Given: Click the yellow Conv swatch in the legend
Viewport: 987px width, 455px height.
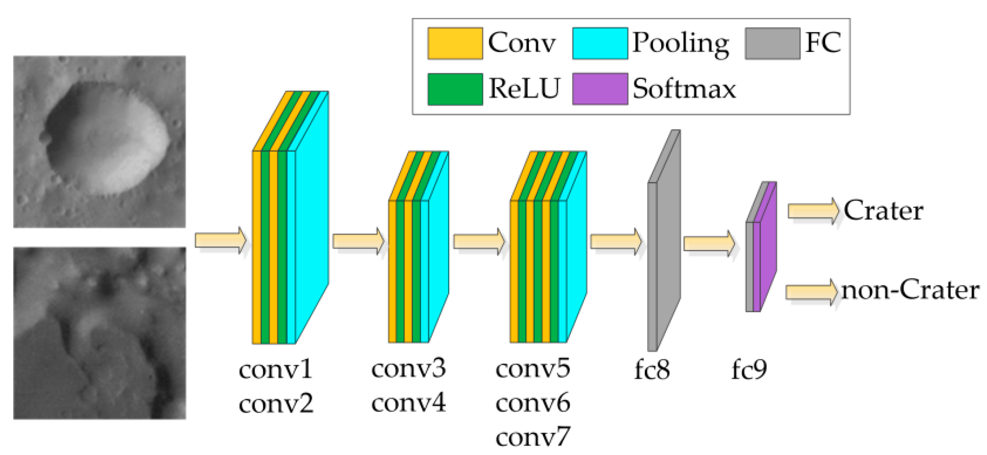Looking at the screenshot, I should coord(455,43).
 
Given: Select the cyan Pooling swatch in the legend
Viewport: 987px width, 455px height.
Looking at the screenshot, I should coord(600,43).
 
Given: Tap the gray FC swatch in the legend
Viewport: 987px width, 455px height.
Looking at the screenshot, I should coord(772,43).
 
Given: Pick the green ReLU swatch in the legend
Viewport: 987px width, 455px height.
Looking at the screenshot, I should coord(455,89).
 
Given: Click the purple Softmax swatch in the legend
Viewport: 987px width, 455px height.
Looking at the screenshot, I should coord(600,89).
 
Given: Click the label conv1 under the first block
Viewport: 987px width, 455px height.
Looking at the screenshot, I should coord(275,370).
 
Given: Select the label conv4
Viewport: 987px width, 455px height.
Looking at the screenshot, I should coord(408,403).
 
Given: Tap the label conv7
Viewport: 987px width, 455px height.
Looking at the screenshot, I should coord(533,437).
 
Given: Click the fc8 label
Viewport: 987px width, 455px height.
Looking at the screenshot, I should coord(652,370).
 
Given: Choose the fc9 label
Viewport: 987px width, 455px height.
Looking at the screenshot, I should coord(749,370).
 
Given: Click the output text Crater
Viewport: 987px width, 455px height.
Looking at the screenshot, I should coord(883,210).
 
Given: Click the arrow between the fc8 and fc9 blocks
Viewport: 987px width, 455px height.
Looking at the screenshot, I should coord(709,244).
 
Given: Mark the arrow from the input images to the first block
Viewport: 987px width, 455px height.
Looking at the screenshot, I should coord(220,240).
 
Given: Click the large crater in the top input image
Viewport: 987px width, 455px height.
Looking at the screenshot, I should coord(105,138).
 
